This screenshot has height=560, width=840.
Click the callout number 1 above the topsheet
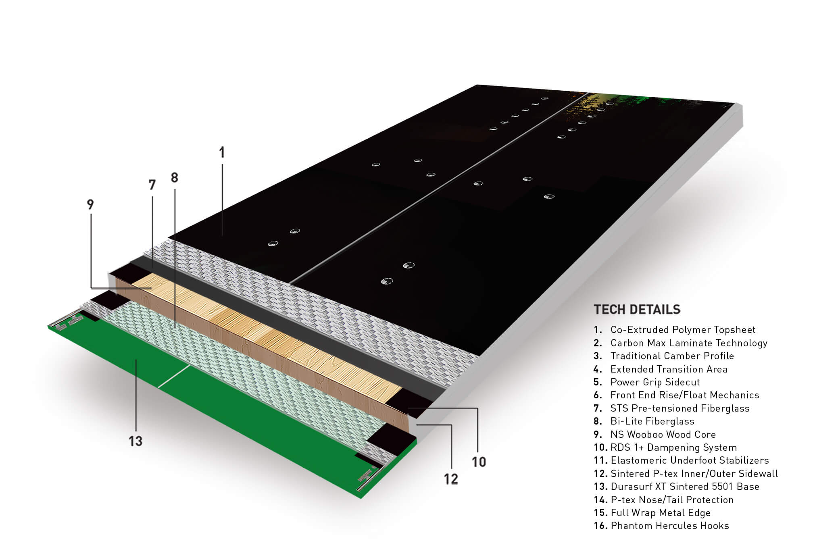pyautogui.click(x=222, y=152)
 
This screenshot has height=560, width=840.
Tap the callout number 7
pyautogui.click(x=152, y=185)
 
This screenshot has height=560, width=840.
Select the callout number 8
pyautogui.click(x=174, y=177)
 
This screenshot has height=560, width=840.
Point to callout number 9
pyautogui.click(x=90, y=204)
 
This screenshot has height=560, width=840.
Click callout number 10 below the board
pyautogui.click(x=479, y=462)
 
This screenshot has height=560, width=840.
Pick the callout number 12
pyautogui.click(x=451, y=479)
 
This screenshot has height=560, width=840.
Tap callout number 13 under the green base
pyautogui.click(x=135, y=441)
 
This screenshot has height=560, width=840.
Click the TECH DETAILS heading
pyautogui.click(x=637, y=310)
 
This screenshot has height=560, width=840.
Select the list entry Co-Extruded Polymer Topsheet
pyautogui.click(x=683, y=330)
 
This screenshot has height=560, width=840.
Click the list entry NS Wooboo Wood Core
pyautogui.click(x=663, y=435)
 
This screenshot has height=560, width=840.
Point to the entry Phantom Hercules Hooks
pyautogui.click(x=670, y=526)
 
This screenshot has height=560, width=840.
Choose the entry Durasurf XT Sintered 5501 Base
pyautogui.click(x=685, y=487)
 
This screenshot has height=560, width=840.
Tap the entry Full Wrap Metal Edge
pyautogui.click(x=661, y=513)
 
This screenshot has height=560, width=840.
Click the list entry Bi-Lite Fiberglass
pyautogui.click(x=652, y=421)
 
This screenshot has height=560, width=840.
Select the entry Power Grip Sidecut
pyautogui.click(x=655, y=382)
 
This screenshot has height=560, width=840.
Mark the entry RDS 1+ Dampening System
pyautogui.click(x=673, y=448)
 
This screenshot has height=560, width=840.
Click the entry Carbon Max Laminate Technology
pyautogui.click(x=689, y=343)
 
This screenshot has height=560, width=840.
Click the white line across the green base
pyautogui.click(x=174, y=377)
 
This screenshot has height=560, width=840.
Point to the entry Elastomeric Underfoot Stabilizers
pyautogui.click(x=690, y=460)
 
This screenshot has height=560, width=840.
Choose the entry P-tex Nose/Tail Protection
pyautogui.click(x=672, y=500)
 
